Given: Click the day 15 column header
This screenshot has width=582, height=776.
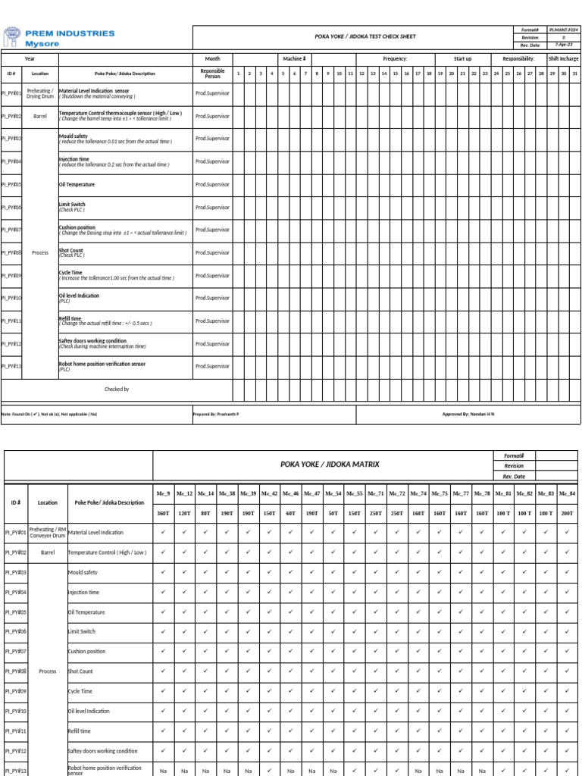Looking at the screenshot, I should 396,74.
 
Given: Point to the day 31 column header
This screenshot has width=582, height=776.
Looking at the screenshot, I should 574,74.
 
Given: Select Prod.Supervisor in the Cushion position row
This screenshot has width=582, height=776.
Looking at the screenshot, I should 212,230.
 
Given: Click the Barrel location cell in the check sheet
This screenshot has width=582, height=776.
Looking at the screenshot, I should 40,117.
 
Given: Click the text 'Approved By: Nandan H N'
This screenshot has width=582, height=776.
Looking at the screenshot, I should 468,415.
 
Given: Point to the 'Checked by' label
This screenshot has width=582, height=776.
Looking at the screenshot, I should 117,389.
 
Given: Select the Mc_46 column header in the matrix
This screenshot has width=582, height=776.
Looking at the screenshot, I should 290,493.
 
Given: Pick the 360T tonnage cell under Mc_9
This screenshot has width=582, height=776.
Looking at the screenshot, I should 163,513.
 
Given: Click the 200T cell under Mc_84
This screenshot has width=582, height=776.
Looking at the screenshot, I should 567,513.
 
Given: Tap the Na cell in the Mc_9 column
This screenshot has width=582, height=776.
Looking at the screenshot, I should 163,771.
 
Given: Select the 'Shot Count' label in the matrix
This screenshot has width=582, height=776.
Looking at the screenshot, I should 81,671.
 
